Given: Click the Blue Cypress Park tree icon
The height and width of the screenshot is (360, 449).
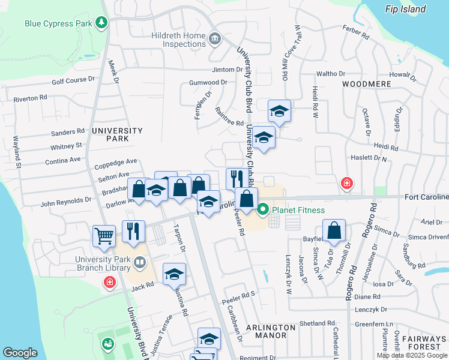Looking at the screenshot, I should (x=101, y=23).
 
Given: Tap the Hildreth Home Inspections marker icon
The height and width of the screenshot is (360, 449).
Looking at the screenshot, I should (x=215, y=40).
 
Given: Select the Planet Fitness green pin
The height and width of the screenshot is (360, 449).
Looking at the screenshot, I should (x=262, y=211).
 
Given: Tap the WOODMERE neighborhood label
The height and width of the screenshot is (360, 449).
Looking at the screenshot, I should (x=362, y=84).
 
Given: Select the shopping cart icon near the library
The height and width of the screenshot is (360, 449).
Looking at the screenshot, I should (x=104, y=236).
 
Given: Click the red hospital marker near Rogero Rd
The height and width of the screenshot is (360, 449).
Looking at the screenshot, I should (x=346, y=184).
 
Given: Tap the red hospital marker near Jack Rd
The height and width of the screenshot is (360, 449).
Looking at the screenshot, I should (x=110, y=282).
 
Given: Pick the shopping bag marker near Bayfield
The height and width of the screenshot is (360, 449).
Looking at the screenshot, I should (x=334, y=231).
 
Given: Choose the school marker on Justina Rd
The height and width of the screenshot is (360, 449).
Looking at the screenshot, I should (x=174, y=274).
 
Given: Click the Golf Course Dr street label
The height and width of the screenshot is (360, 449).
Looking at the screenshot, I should (x=73, y=80).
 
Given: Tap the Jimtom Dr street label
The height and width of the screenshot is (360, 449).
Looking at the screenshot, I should (x=226, y=70).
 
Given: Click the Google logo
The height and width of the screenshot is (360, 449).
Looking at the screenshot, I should (x=20, y=353).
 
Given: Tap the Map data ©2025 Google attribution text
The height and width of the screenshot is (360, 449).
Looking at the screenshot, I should (x=412, y=355).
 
